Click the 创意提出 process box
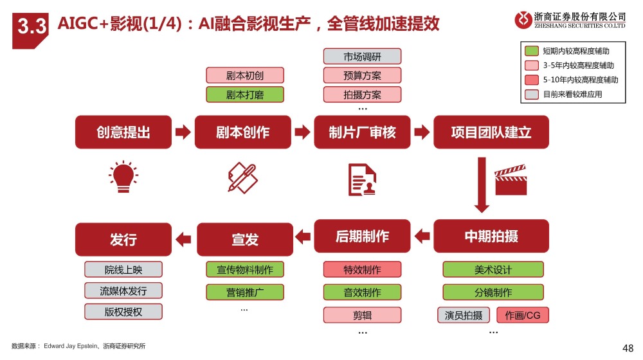click(123, 132)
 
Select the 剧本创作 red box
click(243, 132)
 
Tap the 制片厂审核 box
click(362, 132)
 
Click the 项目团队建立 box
click(491, 132)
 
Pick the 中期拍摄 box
click(491, 237)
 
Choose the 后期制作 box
click(362, 237)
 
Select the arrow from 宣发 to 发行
click(184, 240)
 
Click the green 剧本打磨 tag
click(244, 95)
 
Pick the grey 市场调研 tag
click(362, 57)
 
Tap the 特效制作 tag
click(362, 270)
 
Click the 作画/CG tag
click(523, 316)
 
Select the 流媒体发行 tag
click(123, 291)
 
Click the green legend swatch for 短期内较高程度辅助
click(532, 51)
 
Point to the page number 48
click(628, 348)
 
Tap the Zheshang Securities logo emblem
click(523, 20)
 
